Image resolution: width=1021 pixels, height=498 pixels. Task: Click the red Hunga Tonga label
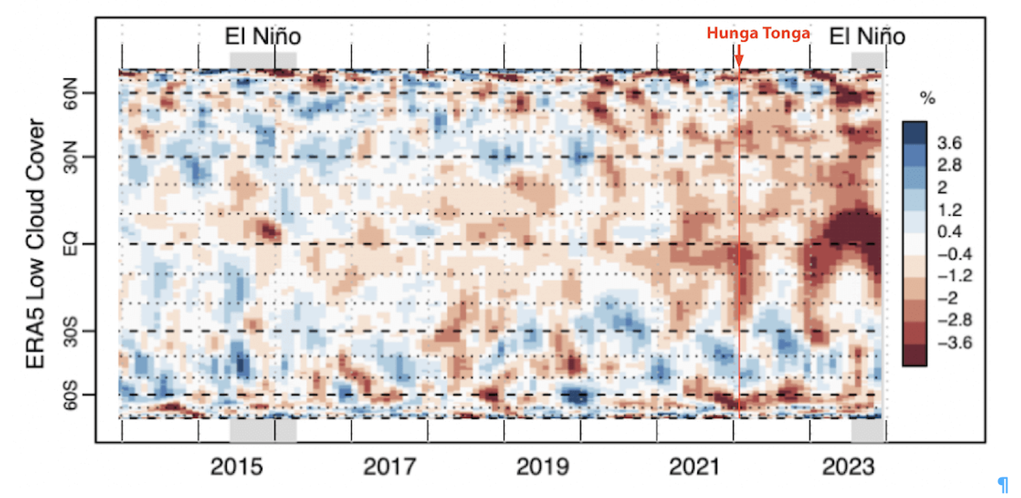click(758, 33)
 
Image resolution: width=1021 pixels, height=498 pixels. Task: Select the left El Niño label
click(263, 35)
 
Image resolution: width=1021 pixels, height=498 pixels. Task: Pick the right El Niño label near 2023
click(867, 35)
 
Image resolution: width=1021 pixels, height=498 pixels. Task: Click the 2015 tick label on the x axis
click(237, 467)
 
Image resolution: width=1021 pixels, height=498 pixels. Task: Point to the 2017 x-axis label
click(389, 467)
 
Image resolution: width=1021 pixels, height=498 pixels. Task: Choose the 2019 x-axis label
click(542, 467)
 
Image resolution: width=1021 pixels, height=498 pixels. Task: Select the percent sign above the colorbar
click(927, 99)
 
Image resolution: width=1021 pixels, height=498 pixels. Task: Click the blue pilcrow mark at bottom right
click(1003, 485)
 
